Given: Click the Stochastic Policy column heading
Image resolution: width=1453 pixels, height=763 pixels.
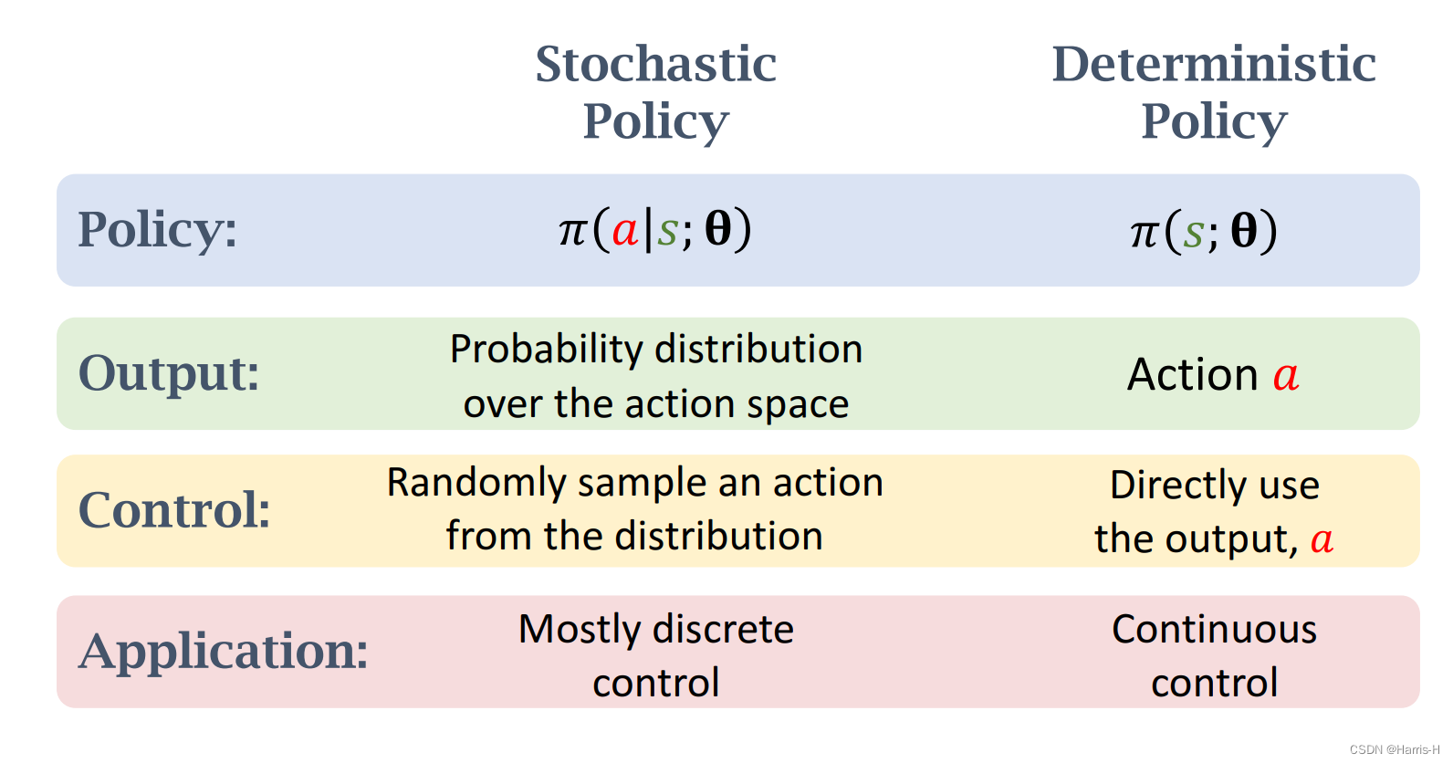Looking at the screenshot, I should click(655, 92).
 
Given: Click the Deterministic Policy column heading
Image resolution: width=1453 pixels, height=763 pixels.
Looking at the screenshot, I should click(1214, 92).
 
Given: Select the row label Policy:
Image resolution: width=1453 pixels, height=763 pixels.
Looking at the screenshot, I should click(158, 229).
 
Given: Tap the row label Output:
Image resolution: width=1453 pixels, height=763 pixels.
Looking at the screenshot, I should click(169, 373).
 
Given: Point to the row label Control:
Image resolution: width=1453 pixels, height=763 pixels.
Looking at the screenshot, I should click(174, 509).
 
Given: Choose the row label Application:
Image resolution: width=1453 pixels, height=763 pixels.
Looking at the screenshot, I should click(224, 652).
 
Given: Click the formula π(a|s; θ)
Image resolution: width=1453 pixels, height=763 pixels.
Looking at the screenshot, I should click(655, 229).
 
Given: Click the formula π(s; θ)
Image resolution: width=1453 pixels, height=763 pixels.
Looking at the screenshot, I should click(1204, 231).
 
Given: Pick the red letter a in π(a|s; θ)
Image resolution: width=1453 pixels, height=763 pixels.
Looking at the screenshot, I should click(624, 230).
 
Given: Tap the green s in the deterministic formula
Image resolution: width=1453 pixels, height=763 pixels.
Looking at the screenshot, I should click(1193, 234).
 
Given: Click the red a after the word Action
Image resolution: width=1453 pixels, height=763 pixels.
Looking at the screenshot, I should click(1286, 376).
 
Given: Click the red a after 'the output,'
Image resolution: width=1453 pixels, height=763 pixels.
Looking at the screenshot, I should click(1322, 540).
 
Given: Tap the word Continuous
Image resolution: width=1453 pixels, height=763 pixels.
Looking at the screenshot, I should click(1214, 630).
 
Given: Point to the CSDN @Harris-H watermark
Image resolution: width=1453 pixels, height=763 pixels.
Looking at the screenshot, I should click(1394, 749).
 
